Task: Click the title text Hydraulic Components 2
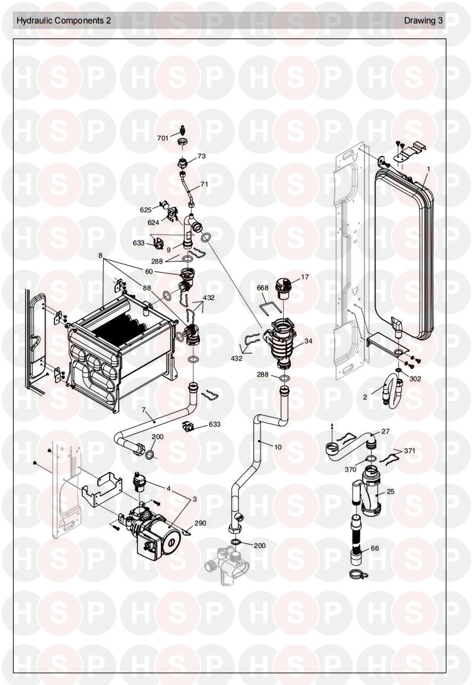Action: point(64,21)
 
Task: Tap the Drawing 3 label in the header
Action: point(423,21)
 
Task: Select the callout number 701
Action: point(163,138)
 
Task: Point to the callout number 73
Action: point(201,156)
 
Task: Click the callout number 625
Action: point(146,210)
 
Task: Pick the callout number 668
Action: point(262,288)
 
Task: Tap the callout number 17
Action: point(305,277)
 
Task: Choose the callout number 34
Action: point(309,341)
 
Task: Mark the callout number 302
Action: point(415,379)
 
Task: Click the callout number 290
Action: point(200,523)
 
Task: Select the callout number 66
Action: point(375,548)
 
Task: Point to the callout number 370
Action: point(351,469)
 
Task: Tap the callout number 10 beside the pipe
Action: point(278,447)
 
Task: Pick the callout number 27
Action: point(385,431)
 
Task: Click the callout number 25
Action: point(390,492)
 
